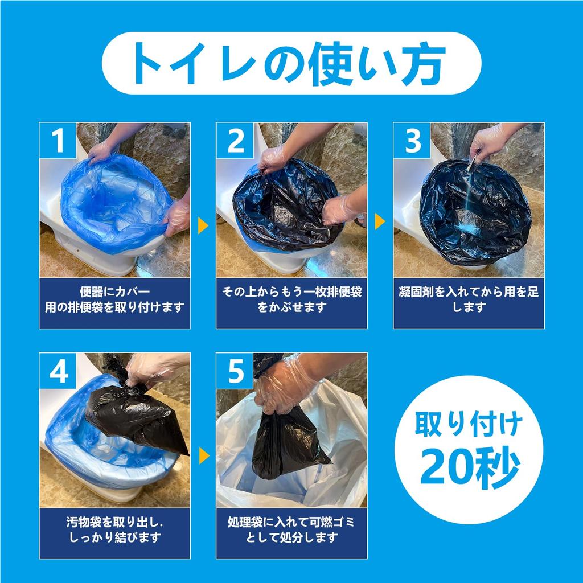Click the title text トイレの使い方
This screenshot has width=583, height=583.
click(291, 63)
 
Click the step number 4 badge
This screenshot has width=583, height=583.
click(58, 371)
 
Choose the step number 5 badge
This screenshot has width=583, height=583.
click(235, 371)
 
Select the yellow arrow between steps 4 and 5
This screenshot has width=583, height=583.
click(203, 455)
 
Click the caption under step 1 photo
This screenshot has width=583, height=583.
click(114, 300)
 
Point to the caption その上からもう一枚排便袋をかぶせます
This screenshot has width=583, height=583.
click(291, 300)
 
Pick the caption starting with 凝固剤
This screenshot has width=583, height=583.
click(469, 300)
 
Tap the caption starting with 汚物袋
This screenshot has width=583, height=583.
click(114, 529)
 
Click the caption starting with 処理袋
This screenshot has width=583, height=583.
click(291, 529)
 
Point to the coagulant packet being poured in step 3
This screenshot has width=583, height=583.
click(472, 165)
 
